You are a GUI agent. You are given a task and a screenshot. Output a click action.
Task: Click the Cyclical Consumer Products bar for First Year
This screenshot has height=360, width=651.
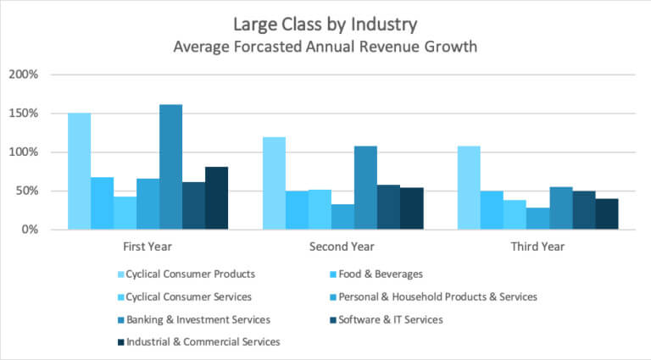click(79, 171)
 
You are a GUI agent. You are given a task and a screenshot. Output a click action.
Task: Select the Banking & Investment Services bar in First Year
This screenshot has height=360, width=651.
click(170, 167)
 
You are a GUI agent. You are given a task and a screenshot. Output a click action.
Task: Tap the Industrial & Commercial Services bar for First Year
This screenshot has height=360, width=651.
click(216, 198)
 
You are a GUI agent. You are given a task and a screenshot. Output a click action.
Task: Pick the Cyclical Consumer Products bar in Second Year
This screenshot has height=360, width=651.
click(274, 183)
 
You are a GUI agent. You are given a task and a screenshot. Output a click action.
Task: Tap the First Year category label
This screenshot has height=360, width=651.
click(147, 246)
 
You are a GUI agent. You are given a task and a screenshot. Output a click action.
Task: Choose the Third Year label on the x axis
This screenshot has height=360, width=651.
click(537, 246)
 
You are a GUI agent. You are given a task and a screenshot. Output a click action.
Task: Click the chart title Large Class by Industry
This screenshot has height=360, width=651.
click(325, 24)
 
